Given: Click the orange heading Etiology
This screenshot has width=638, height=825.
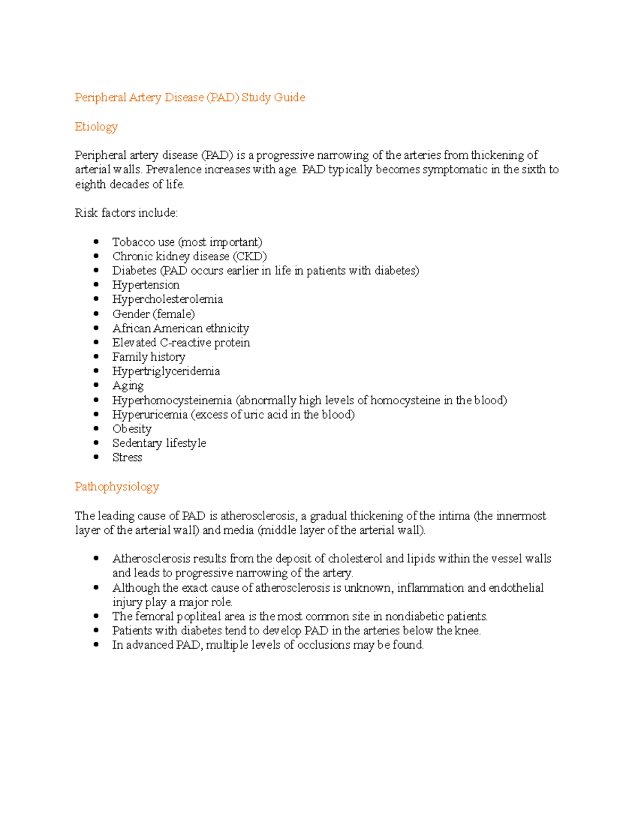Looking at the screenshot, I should coord(96,126).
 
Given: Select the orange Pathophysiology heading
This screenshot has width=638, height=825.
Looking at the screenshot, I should coord(116,487).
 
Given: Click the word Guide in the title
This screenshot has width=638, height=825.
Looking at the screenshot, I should coord(289,97).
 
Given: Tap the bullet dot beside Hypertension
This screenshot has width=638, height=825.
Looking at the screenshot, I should coord(96,285).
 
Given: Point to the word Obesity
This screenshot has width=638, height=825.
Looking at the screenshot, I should coord(132,429).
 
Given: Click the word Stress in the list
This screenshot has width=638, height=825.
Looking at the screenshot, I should coord(127,457).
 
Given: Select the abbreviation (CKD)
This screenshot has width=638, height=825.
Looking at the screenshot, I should coord(250,256).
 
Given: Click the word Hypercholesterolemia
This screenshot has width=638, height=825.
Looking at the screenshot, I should coord(167,299).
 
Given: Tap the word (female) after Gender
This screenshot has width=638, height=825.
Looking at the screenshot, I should coord(174,314).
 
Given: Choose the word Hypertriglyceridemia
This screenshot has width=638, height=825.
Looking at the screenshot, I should coord(166,371).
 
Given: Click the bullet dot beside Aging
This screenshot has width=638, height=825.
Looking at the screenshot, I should coord(96,385).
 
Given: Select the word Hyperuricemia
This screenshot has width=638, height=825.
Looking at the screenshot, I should coord(150,414).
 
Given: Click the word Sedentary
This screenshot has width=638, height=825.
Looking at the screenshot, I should coord(137,443).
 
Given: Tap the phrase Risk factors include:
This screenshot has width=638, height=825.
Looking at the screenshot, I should coord(126,213).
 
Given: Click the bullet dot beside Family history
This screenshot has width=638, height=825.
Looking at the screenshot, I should coord(96,356).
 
